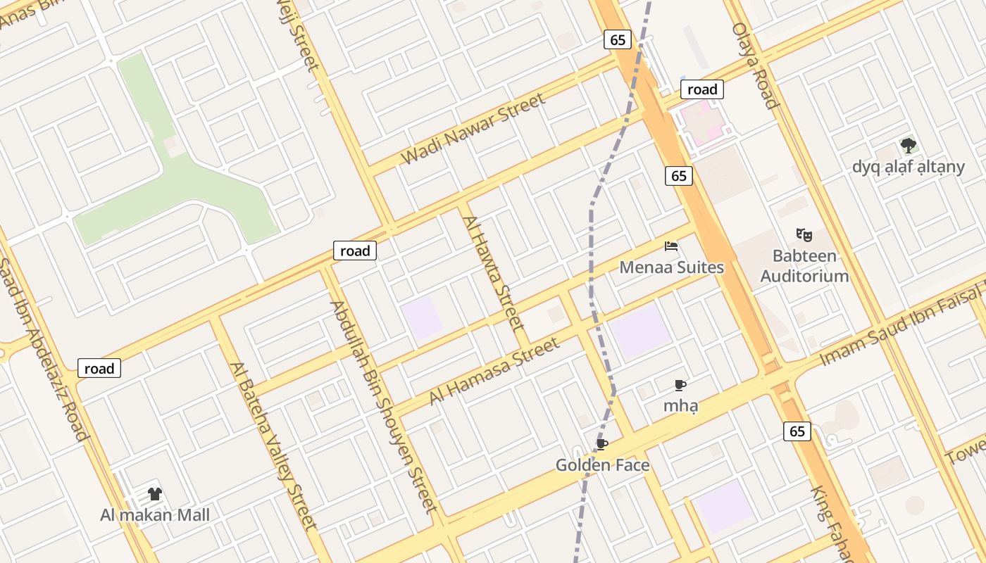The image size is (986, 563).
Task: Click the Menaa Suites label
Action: click(671, 267)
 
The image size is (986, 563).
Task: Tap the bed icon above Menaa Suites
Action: click(671, 246)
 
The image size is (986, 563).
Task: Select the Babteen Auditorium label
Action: click(804, 265)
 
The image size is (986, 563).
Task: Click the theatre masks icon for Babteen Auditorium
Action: click(804, 234)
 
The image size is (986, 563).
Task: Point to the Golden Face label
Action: click(602, 465)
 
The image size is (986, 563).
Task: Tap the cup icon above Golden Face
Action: click(601, 444)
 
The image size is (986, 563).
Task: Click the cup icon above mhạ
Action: click(680, 385)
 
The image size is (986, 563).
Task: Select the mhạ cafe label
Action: click(680, 406)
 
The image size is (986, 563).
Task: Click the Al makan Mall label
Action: click(155, 515)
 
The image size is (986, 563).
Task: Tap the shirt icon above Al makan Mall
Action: click(155, 494)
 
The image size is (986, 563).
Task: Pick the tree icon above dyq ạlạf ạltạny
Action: click(909, 146)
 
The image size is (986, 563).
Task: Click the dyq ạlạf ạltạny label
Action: click(908, 167)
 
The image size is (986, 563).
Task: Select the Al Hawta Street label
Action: click(494, 273)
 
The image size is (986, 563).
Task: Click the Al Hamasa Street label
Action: click(494, 372)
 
